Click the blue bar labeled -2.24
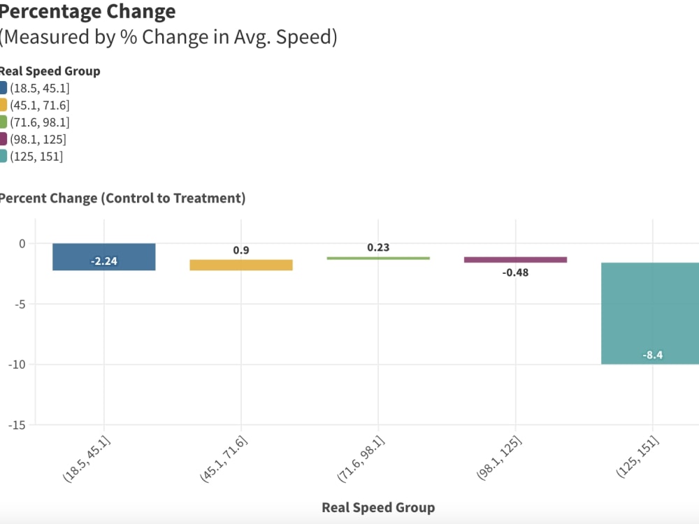click(103, 256)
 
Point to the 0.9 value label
click(241, 250)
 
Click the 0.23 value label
click(378, 247)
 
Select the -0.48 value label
click(515, 272)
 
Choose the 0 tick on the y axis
click(22, 244)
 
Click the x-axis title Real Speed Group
click(378, 507)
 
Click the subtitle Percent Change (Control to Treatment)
click(122, 198)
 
